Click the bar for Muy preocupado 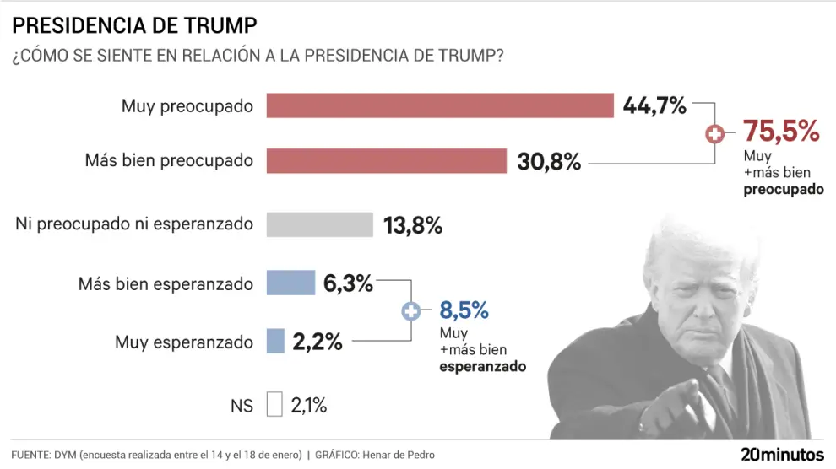tap(439, 105)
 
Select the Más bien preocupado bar tap(386, 160)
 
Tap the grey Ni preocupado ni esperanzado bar tap(319, 224)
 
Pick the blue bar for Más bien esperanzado tap(290, 283)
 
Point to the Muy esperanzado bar tap(275, 341)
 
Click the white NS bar tap(274, 405)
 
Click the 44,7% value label tap(654, 105)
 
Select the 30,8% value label tap(549, 161)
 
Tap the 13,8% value tap(412, 225)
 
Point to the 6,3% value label tap(348, 284)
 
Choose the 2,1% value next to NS tap(308, 406)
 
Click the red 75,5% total tap(781, 131)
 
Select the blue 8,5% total tap(464, 310)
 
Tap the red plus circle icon tap(715, 133)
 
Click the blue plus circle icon tap(410, 311)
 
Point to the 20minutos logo tap(781, 454)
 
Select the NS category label tap(242, 406)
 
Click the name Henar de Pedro tap(399, 455)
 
